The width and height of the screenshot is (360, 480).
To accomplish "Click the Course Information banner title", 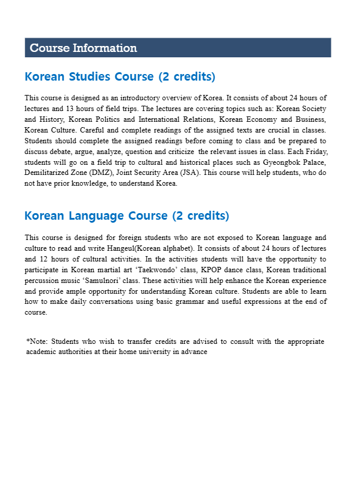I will (83, 48).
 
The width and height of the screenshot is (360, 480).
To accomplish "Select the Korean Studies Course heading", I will (120, 77).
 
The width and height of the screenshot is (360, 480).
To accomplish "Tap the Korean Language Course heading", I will (127, 216).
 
